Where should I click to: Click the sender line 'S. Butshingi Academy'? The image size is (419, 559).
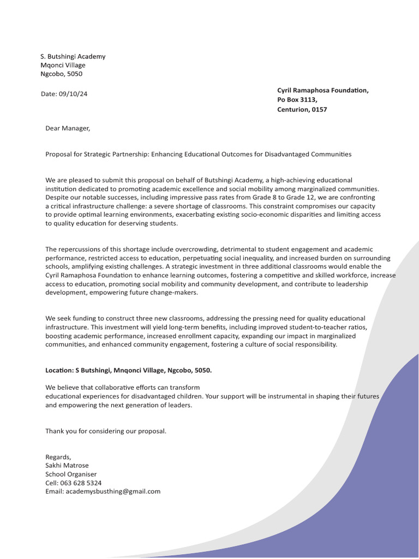73,56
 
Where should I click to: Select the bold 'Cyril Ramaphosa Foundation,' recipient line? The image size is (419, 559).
323,90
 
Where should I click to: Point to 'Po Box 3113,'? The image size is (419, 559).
297,100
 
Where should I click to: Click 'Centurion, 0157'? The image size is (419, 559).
302,109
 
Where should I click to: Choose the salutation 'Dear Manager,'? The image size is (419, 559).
66,128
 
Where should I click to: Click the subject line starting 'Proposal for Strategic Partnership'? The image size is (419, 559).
199,154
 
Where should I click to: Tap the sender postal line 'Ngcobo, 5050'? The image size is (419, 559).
62,74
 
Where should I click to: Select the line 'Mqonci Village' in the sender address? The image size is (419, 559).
63,65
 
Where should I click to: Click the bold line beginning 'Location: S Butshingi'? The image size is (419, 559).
128,370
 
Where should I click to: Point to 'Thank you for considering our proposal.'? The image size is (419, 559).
106,431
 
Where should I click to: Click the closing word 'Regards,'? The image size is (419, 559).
58,457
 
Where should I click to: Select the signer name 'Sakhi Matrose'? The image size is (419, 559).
67,466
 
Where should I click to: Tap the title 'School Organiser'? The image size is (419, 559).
71,474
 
